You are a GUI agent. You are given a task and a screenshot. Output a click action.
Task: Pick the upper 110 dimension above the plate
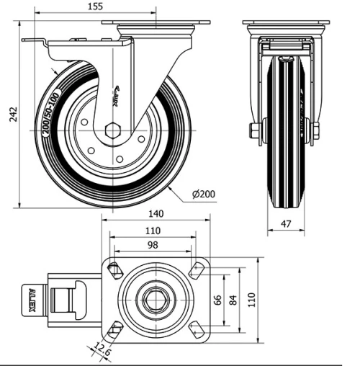153,232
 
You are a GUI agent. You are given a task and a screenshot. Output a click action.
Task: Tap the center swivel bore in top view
152,300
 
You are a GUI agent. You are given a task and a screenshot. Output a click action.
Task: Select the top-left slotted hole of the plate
114,269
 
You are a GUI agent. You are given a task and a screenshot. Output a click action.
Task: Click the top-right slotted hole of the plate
194,269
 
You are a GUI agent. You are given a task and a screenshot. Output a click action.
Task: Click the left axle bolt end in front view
253,131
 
